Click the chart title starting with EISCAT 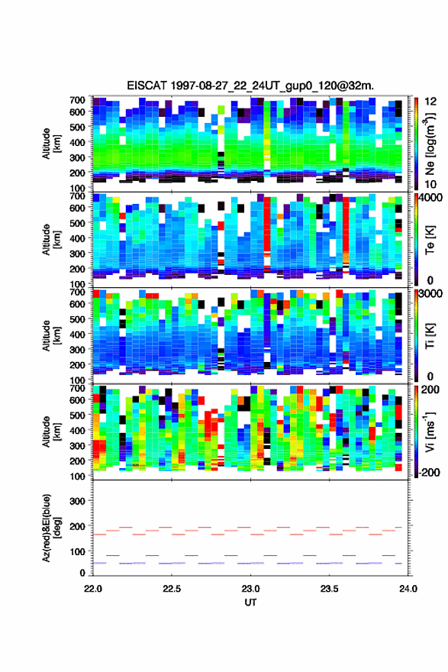tap(250, 86)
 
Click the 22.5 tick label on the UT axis tap(172, 589)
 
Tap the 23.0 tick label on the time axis tap(250, 589)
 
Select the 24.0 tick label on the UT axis tap(408, 589)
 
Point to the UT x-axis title tap(250, 603)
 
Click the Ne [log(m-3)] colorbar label tap(430, 144)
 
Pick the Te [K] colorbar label tap(430, 240)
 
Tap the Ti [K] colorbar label tap(430, 335)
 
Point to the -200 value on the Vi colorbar tap(427, 472)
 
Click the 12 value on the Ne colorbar tap(430, 102)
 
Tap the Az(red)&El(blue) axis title tap(51, 528)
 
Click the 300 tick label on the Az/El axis tap(78, 501)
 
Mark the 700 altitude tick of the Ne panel tap(78, 100)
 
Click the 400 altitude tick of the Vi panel tap(78, 430)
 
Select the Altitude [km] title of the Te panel tap(51, 240)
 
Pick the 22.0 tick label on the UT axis tap(93, 589)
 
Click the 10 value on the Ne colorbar tap(430, 184)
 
